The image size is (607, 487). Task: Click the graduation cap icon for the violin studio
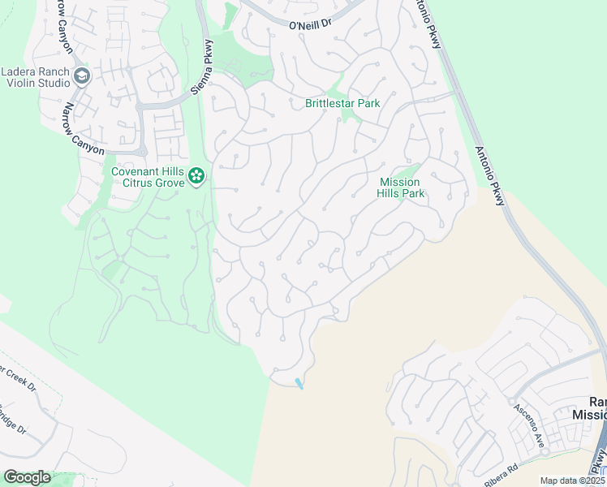coord(83,76)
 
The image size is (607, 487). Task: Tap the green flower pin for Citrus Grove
coord(196,175)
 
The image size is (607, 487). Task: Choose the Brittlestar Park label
coord(342,103)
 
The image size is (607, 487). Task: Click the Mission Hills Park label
coord(401,188)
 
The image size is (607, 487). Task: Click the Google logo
coord(27,477)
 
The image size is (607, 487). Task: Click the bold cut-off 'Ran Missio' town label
coord(596,408)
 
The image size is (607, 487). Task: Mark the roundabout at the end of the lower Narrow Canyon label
coord(142,151)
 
